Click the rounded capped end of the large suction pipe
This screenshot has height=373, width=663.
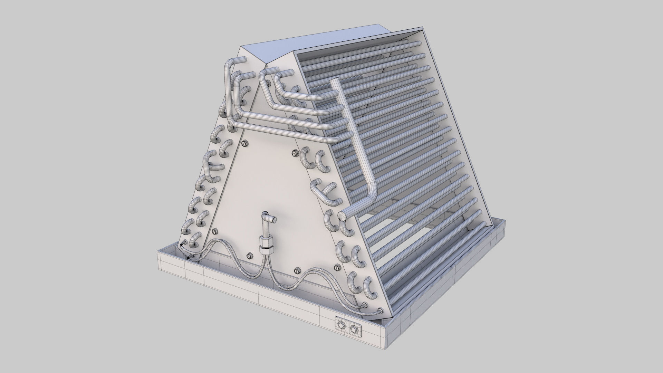coord(342,215)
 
